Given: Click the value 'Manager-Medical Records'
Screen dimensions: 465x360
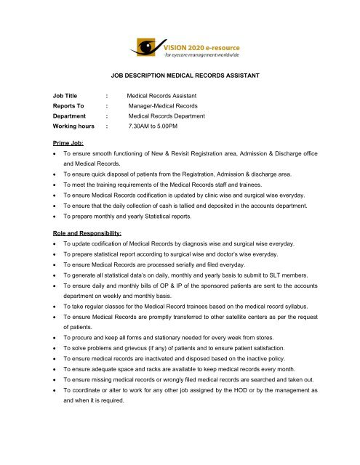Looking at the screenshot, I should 167,105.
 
